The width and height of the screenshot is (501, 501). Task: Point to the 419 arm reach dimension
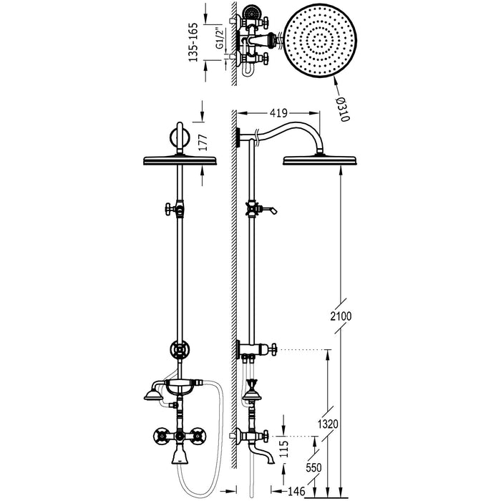tap(278, 112)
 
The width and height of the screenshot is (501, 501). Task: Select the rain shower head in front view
tap(179, 160)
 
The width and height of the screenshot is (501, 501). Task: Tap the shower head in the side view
tap(318, 160)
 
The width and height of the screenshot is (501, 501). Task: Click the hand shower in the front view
tap(152, 394)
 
